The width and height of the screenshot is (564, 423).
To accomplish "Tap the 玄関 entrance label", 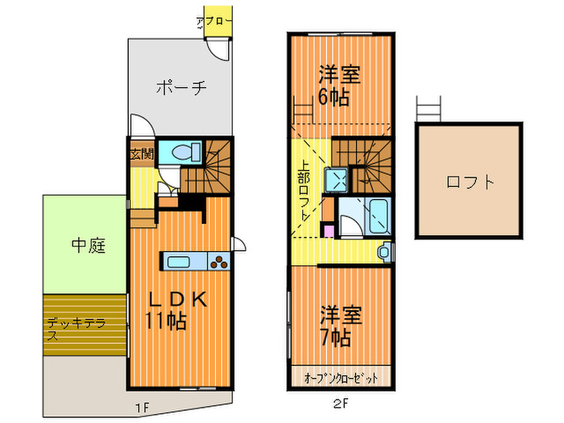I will (141, 154).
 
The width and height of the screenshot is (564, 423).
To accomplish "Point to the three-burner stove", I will (219, 260).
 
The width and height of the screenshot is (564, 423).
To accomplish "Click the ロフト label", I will (470, 182).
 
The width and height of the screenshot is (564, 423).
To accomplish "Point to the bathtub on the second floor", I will (378, 214).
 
